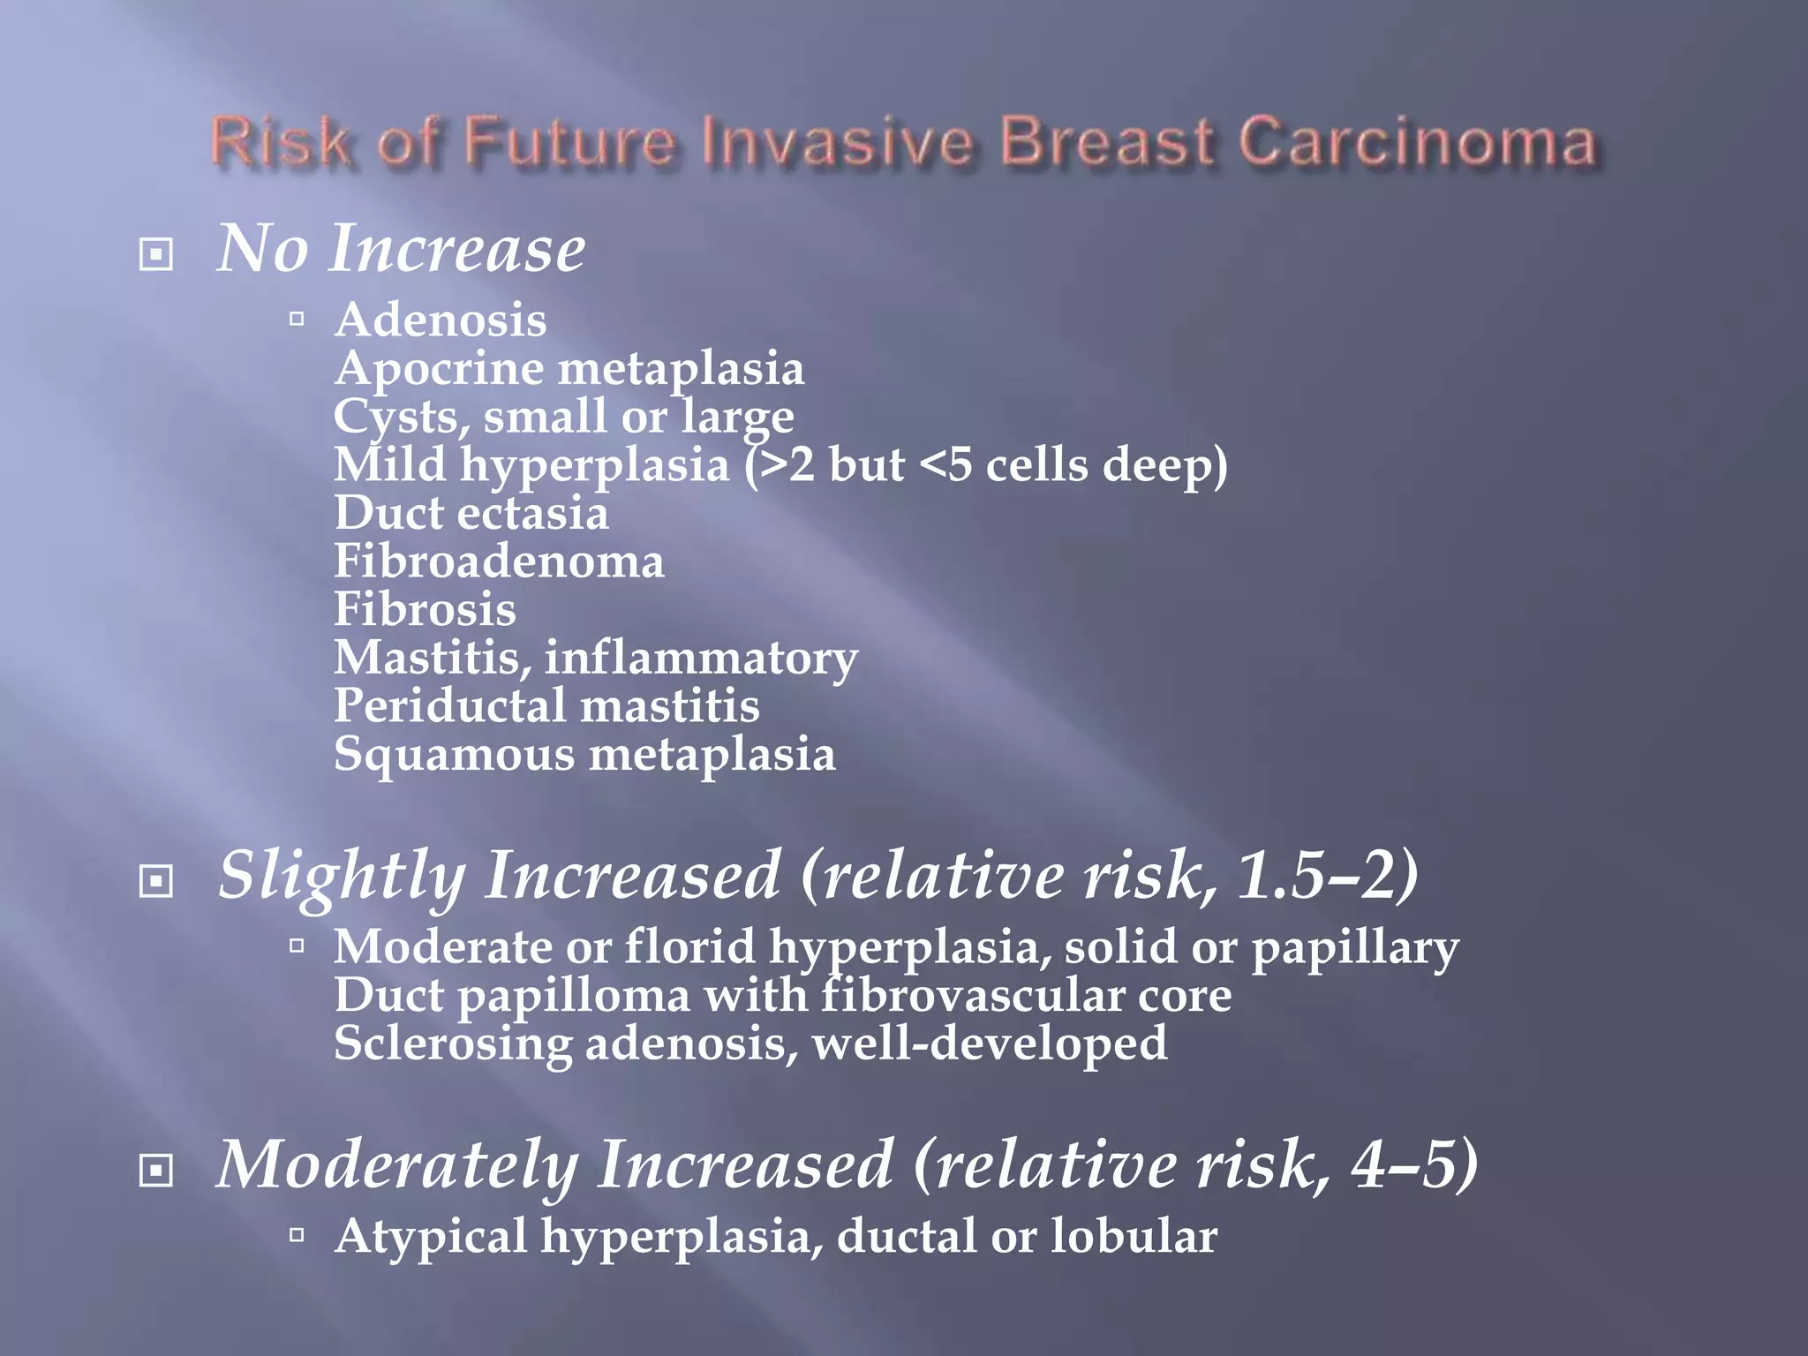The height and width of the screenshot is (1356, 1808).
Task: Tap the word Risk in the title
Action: click(x=281, y=143)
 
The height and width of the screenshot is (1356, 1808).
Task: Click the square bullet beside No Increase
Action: click(x=156, y=255)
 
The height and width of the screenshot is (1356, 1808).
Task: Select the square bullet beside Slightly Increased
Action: click(x=156, y=880)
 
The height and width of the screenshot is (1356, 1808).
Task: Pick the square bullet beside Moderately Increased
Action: click(x=156, y=1171)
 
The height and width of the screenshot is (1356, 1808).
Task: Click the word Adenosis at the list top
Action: click(x=441, y=320)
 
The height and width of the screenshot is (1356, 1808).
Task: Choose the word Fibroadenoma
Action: click(x=499, y=561)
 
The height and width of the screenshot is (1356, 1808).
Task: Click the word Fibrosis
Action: click(x=425, y=609)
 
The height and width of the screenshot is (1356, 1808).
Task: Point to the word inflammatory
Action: click(x=701, y=659)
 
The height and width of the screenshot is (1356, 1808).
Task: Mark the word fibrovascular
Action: click(x=971, y=996)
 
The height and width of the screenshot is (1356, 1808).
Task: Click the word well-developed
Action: click(x=990, y=1043)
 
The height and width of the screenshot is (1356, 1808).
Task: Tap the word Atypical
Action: click(x=431, y=1236)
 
